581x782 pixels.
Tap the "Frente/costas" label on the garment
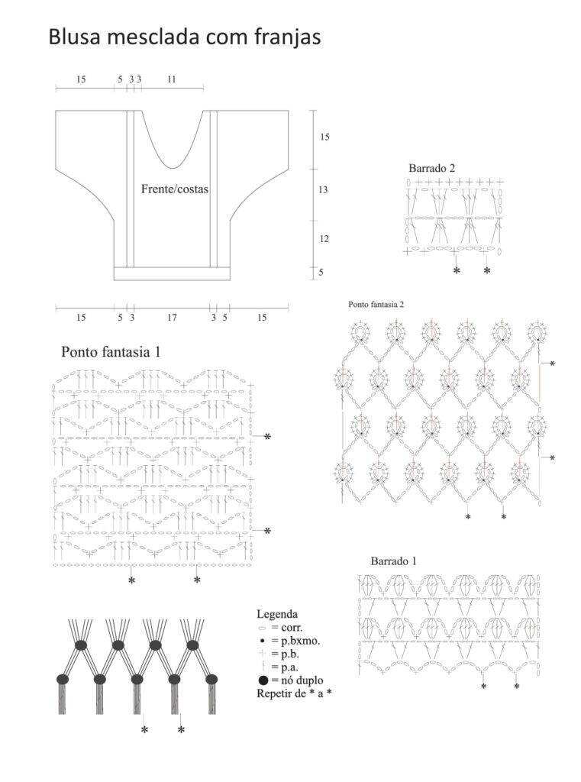(175, 189)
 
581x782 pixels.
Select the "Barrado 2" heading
(432, 168)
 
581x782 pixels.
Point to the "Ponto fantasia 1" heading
(111, 351)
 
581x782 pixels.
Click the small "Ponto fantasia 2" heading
(376, 304)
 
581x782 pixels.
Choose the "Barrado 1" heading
(393, 561)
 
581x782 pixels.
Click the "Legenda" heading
(277, 614)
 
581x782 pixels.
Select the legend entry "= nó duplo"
(297, 680)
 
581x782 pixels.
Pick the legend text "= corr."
(287, 628)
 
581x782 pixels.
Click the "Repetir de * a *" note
(294, 693)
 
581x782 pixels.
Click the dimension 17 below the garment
(172, 317)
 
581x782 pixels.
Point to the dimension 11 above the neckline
(172, 79)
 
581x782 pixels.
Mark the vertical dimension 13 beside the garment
(323, 189)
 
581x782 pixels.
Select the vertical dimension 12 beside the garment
(324, 239)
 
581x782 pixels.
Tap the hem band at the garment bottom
(172, 273)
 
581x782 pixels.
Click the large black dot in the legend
(263, 680)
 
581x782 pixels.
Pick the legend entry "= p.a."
(285, 667)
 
